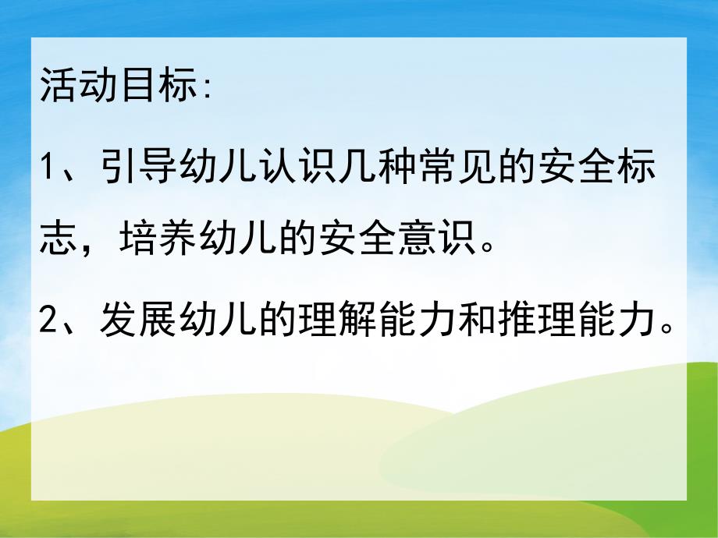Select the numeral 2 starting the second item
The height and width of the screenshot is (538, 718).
tap(49, 320)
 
